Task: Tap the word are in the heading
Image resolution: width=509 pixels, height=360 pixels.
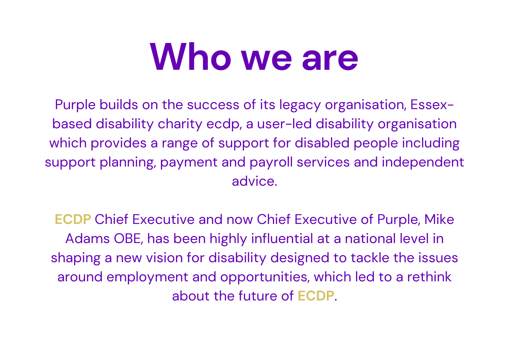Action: tap(330, 60)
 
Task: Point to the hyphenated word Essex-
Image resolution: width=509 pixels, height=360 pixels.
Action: tap(432, 105)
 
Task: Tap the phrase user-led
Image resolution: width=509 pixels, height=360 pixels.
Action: tap(284, 124)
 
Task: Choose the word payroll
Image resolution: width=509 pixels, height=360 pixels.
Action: tap(271, 163)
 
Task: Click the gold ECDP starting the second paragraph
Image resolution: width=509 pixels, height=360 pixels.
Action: tap(73, 220)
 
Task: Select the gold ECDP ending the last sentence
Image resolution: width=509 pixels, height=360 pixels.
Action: tap(316, 296)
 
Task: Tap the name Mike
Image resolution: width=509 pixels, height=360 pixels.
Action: tap(440, 220)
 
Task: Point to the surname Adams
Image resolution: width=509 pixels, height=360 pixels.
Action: tap(88, 239)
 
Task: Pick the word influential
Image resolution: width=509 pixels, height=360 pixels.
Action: tap(282, 239)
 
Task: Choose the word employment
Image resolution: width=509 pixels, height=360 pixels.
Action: tap(147, 278)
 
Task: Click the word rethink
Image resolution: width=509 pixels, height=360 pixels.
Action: tap(429, 277)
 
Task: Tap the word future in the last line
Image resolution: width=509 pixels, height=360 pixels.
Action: tap(258, 296)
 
